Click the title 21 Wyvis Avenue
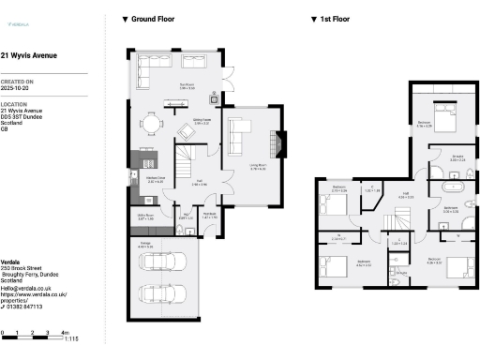(x=29, y=55)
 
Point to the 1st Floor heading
(x=332, y=19)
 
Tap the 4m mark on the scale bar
(x=64, y=333)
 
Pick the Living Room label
(x=258, y=166)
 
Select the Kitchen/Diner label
(x=142, y=177)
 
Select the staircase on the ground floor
(x=189, y=152)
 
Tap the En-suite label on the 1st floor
(x=457, y=157)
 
